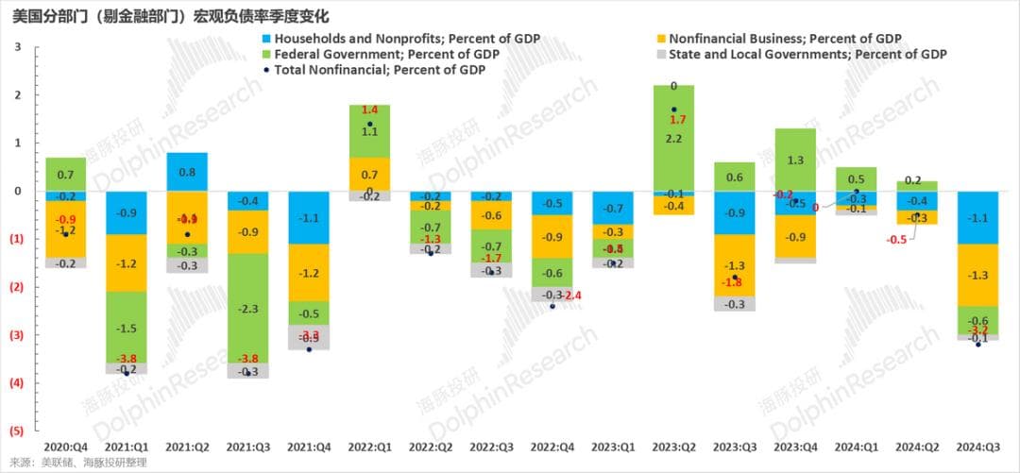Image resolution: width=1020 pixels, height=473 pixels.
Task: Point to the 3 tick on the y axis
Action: [17, 47]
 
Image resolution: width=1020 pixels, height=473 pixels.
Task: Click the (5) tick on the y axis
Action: [17, 431]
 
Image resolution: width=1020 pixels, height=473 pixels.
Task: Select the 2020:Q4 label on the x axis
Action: [65, 445]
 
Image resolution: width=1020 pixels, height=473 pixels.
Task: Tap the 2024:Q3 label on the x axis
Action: [979, 445]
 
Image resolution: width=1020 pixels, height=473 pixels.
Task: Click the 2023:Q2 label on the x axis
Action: [674, 445]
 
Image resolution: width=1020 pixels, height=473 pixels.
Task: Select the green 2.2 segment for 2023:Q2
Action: [674, 139]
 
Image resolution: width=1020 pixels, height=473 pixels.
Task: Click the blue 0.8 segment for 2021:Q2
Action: [188, 172]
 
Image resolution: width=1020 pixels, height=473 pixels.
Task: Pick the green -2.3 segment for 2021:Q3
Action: [248, 308]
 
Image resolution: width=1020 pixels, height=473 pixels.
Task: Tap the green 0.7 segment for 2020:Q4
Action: [65, 175]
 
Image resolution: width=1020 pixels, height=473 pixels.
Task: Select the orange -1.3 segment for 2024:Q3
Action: [979, 275]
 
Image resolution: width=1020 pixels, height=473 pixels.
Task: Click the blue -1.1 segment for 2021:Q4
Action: [309, 217]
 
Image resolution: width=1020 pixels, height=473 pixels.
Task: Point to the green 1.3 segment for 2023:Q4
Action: [796, 160]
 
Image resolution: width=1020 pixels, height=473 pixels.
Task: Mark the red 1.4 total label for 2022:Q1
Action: [369, 110]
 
